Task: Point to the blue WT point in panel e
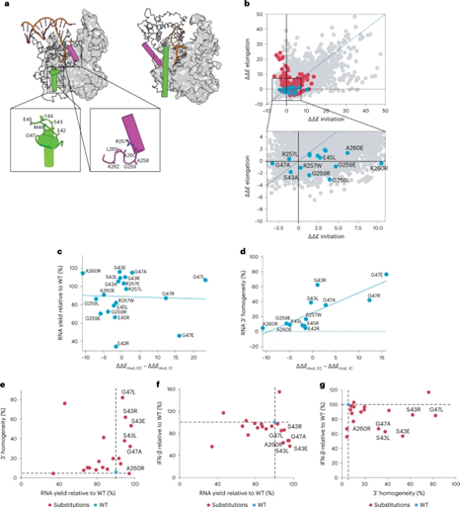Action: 116,473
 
